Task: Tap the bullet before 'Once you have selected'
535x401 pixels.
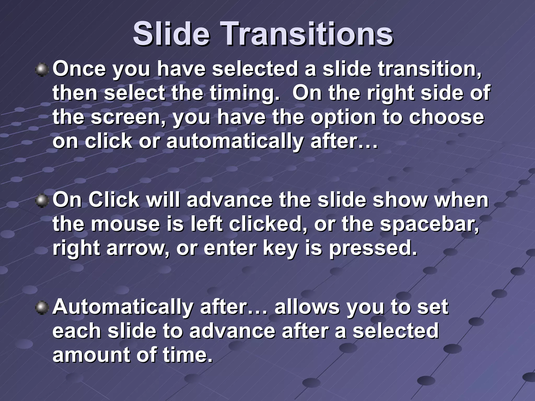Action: (x=42, y=70)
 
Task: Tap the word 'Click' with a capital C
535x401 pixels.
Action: (x=114, y=200)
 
